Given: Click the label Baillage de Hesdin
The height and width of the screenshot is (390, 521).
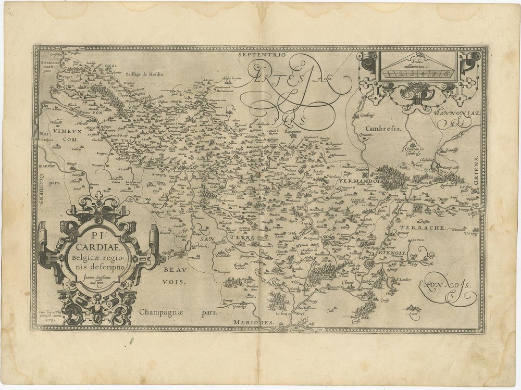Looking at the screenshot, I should coord(144,74).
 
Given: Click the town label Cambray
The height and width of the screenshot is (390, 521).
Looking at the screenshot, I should coord(368,116).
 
